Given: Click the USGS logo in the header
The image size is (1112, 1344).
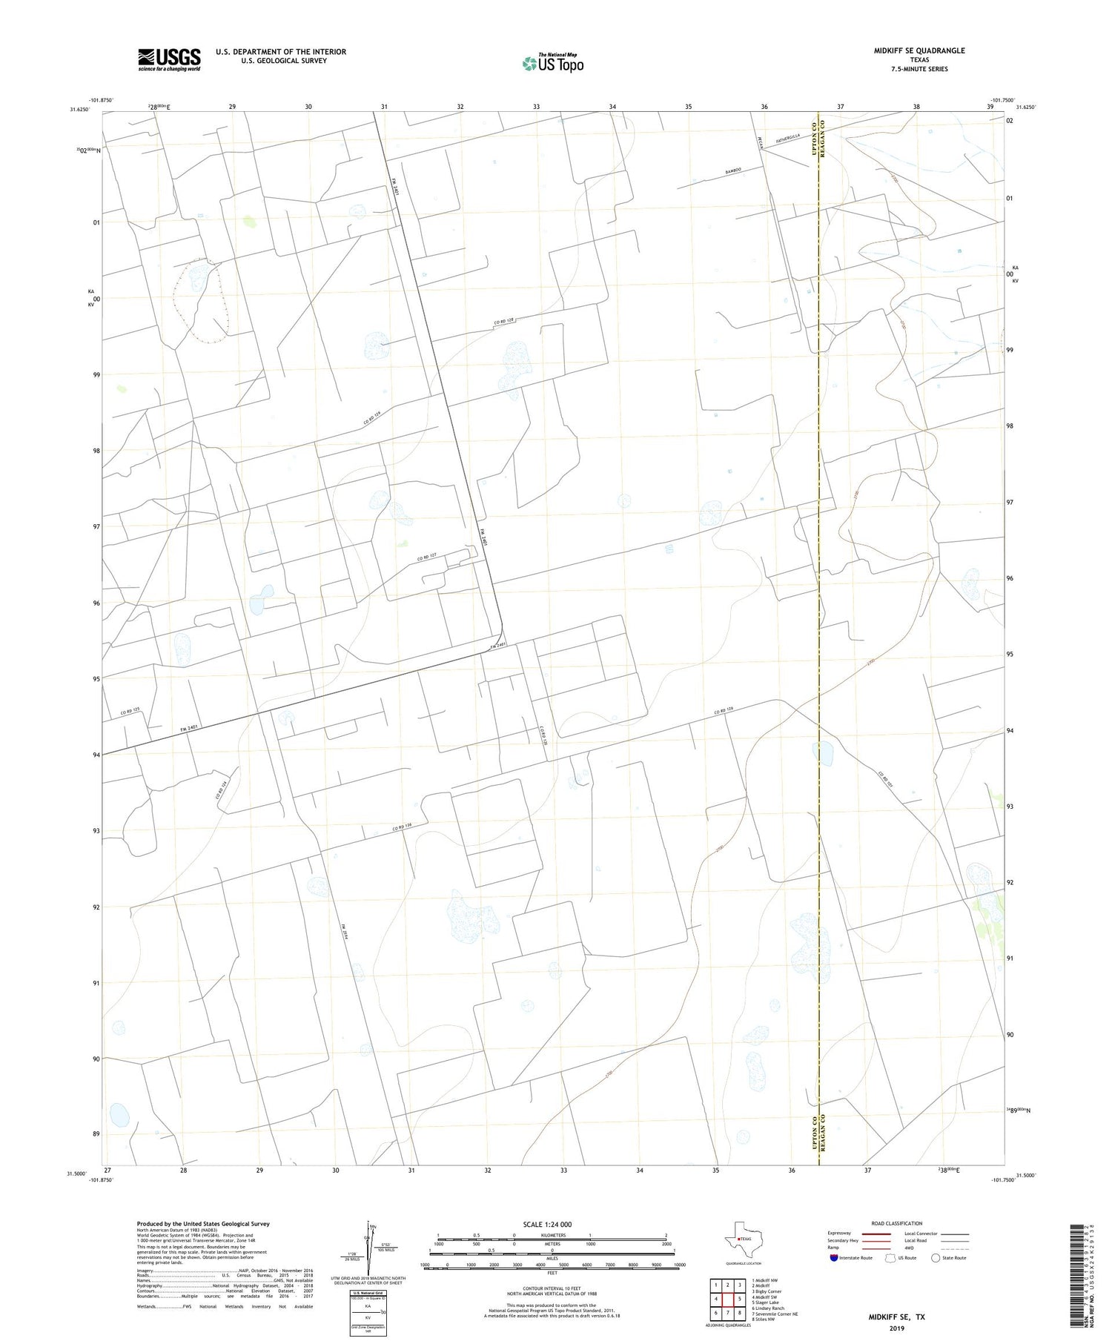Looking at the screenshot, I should coord(169,59).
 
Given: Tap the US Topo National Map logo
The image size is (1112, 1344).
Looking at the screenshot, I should coord(553,63).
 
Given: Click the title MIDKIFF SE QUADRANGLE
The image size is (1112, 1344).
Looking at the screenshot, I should coord(919,50).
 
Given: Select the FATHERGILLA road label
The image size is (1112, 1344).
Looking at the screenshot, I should coord(789,139).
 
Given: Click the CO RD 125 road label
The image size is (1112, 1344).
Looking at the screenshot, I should coord(130,711).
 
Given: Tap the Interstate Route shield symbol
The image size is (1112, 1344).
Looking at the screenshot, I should coord(834,1258).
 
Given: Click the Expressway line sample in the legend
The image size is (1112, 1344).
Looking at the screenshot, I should coord(873,1234).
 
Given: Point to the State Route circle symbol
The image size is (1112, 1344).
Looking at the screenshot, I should coord(936,1258).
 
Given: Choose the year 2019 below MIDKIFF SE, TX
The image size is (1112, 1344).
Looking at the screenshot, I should coord(896,1327).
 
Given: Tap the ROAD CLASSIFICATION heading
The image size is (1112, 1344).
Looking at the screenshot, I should coord(897,1224).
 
